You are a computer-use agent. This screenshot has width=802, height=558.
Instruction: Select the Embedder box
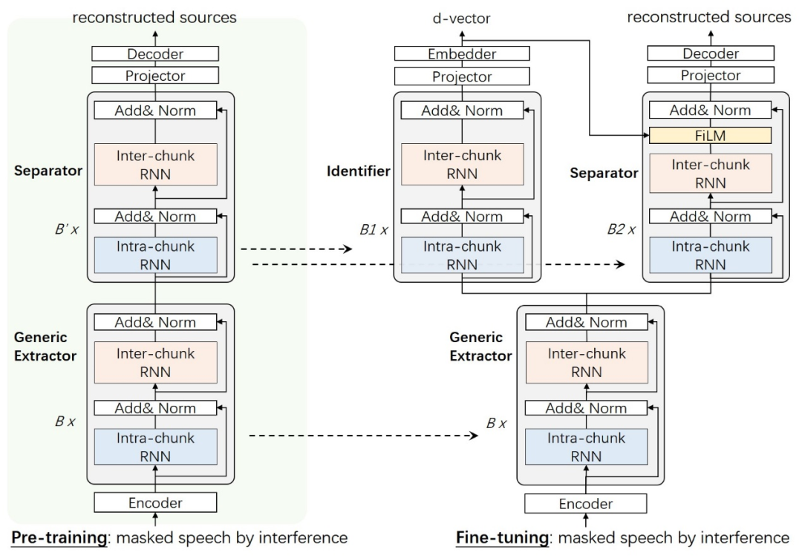coord(461,53)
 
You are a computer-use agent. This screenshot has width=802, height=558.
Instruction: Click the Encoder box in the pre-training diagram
coord(155,502)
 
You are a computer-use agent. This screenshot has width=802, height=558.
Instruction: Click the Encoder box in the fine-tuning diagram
coord(586,503)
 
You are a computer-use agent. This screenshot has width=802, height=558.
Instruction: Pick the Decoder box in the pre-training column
coord(155,53)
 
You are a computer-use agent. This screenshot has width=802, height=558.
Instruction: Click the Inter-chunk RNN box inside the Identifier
coord(461,163)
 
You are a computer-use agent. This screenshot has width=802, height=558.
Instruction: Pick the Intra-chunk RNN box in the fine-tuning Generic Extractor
coord(586,446)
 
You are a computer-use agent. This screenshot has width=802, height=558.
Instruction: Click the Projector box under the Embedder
coord(461,76)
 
